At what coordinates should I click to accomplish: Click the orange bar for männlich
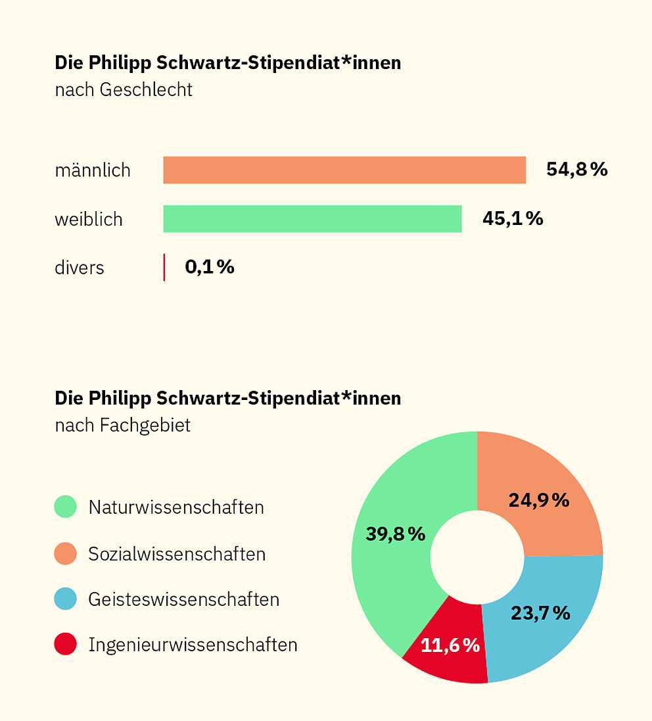click(344, 170)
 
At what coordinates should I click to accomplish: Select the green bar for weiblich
click(312, 218)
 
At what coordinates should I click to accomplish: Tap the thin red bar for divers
click(164, 267)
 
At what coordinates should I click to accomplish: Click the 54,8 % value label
click(576, 170)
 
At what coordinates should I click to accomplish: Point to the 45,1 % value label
click(513, 218)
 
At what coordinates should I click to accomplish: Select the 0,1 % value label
click(209, 267)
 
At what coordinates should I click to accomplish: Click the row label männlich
click(93, 170)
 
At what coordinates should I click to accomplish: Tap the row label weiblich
click(89, 219)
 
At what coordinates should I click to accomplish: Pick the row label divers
click(80, 268)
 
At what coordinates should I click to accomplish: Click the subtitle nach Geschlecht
click(124, 89)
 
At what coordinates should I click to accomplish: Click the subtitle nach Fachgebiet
click(123, 425)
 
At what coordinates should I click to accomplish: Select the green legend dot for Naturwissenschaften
click(66, 507)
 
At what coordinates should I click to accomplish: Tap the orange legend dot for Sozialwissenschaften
click(66, 553)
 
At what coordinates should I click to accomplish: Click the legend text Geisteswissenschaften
click(183, 599)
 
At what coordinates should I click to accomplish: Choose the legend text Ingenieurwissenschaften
click(193, 645)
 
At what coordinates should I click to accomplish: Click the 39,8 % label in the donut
click(396, 534)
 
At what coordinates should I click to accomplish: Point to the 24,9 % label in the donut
click(538, 500)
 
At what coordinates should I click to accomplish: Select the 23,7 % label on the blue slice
click(540, 613)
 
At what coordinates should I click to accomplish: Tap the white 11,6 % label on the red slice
click(450, 645)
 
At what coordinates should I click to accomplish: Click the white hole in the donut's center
click(477, 557)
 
